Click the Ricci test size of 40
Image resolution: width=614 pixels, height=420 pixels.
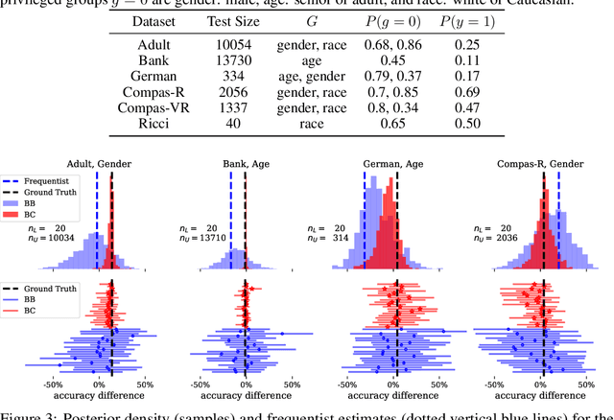coord(252,124)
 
